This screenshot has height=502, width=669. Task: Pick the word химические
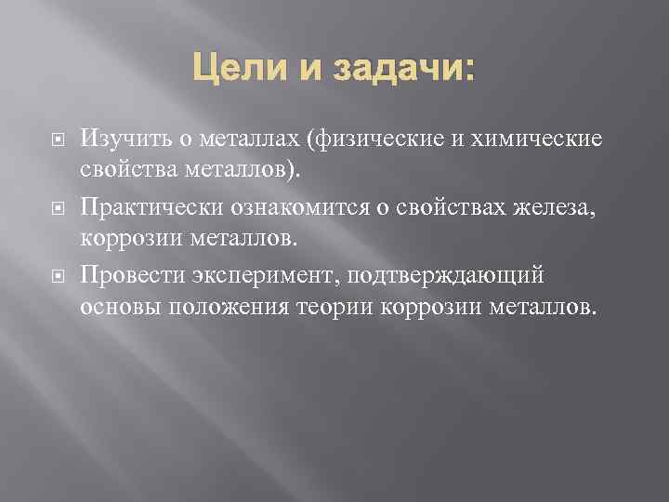pos(540,139)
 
